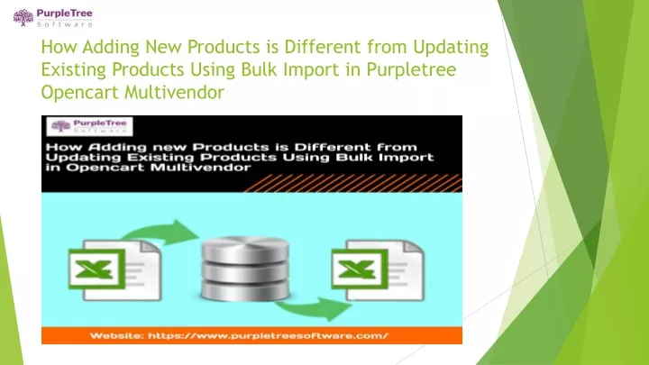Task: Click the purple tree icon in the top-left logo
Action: [x=23, y=18]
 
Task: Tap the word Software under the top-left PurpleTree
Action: [x=65, y=24]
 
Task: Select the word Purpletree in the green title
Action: [x=411, y=69]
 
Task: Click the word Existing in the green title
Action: [x=73, y=69]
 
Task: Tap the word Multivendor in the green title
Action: [x=174, y=92]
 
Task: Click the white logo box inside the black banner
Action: [x=89, y=126]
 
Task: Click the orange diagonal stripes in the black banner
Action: [x=353, y=183]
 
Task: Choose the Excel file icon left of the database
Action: [x=114, y=269]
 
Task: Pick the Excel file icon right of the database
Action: [x=378, y=269]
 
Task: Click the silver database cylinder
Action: [x=245, y=269]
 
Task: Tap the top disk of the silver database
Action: [x=245, y=248]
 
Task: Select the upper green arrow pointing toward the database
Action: [x=161, y=233]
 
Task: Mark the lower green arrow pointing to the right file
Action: [x=314, y=309]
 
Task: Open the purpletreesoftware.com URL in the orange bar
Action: [x=268, y=335]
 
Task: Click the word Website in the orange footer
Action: [x=116, y=335]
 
